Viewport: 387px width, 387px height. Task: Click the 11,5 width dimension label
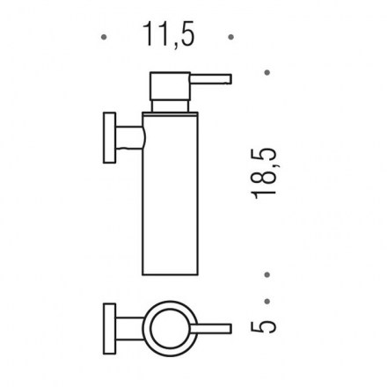[x=169, y=34]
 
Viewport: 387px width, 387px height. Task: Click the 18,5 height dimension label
[x=264, y=173]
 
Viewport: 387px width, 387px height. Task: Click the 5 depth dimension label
[x=264, y=326]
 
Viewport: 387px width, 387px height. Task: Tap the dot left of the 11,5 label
[x=104, y=37]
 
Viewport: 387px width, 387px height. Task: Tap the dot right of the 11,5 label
[x=231, y=37]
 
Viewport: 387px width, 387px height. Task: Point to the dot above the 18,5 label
[x=267, y=72]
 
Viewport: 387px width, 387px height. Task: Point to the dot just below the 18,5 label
[x=267, y=274]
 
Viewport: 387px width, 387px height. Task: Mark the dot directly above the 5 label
[x=267, y=302]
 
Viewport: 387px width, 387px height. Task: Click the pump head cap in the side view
[x=170, y=85]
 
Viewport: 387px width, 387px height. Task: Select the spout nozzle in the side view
[x=211, y=79]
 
